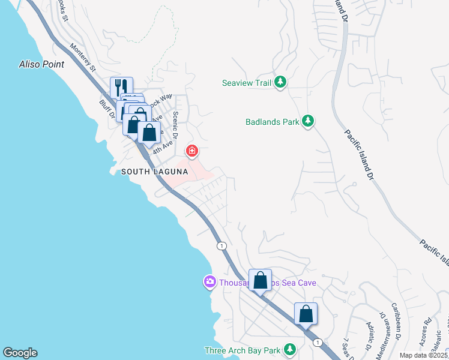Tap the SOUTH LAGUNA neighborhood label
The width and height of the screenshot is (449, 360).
click(x=155, y=172)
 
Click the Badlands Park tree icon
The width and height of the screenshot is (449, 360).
click(x=308, y=121)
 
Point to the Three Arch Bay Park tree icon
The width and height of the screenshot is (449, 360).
click(x=290, y=349)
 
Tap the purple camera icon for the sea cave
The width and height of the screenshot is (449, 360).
click(x=209, y=281)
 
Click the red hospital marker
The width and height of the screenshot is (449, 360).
click(x=192, y=150)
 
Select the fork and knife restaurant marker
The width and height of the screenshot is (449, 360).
click(x=121, y=87)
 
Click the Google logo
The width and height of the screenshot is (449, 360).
click(x=20, y=353)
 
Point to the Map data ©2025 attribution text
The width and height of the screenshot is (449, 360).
click(x=424, y=355)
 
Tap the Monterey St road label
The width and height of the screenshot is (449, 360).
click(x=83, y=57)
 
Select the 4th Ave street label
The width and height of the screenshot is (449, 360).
click(x=162, y=146)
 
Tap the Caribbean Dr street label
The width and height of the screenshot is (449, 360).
click(x=396, y=325)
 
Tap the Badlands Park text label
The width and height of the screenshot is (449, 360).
click(x=272, y=122)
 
